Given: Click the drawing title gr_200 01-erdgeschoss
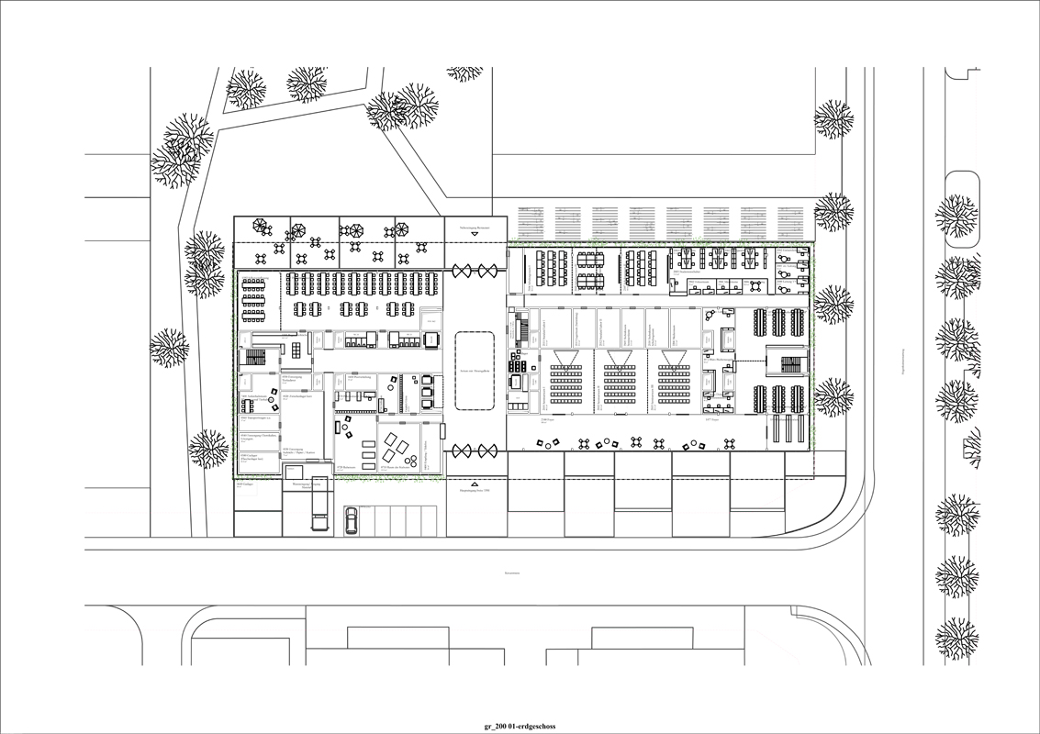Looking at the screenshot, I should pyautogui.click(x=520, y=726).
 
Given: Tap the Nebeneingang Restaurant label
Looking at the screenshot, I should pyautogui.click(x=475, y=225).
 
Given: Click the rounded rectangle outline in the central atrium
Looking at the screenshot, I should pyautogui.click(x=475, y=372).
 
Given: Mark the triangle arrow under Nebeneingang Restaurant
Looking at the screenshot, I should pyautogui.click(x=475, y=234).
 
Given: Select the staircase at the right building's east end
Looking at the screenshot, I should pyautogui.click(x=790, y=365).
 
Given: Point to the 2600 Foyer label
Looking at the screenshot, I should pyautogui.click(x=546, y=419).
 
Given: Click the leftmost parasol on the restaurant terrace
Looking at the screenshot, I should pyautogui.click(x=262, y=226).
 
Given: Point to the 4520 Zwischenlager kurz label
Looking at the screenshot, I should pyautogui.click(x=296, y=396).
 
